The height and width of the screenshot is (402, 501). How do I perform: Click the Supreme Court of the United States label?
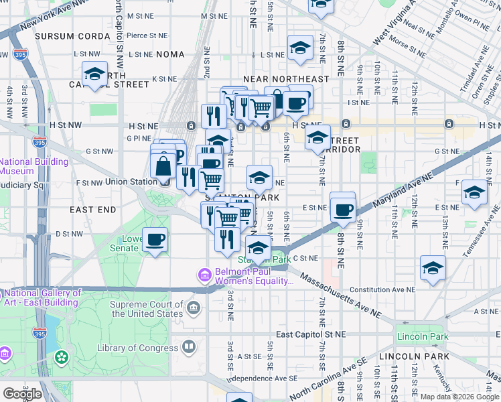point(146,309)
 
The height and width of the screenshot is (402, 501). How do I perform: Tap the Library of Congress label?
point(138,348)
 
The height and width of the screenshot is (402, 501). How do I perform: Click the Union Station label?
point(125,182)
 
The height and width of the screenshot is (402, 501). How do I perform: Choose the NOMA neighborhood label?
point(169,55)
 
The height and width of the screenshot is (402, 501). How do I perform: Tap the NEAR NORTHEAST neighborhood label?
point(286,79)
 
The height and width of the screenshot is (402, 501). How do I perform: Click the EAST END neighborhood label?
point(93,210)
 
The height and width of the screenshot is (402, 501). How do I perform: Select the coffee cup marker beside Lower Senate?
point(155,240)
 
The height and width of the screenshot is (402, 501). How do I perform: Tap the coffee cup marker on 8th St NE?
point(343,210)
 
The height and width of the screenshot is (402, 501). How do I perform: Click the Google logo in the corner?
point(22,393)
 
